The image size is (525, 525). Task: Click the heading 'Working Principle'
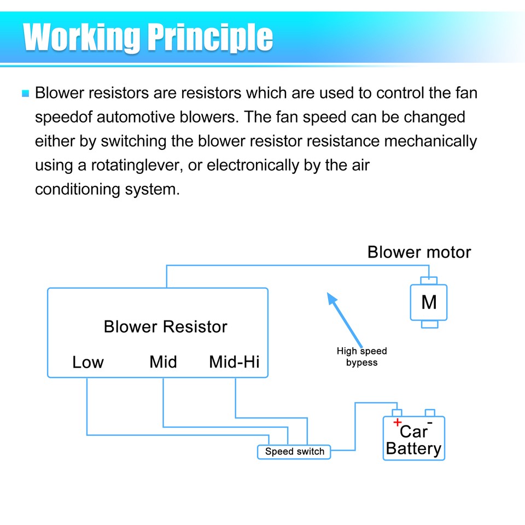148,37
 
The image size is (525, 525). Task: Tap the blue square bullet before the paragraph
25,94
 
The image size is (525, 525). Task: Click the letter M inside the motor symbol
429,302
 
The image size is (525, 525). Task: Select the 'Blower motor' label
419,252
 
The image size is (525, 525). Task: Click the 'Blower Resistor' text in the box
165,327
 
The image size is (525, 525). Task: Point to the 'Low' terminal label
87,362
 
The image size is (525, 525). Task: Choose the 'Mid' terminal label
163,362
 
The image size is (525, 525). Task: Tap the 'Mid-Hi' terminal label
234,362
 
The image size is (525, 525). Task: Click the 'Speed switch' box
294,452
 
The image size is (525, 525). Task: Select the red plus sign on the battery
397,422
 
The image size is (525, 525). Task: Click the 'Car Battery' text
413,440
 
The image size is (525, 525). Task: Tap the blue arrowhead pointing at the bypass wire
331,298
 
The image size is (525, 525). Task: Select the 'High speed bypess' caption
361,357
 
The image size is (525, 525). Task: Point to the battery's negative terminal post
430,412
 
